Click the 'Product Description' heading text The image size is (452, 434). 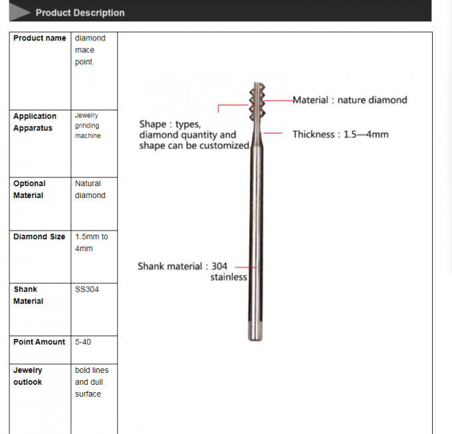(80, 13)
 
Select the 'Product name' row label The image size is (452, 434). (39, 39)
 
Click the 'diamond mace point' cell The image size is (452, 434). (90, 50)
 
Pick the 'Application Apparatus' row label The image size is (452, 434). (35, 122)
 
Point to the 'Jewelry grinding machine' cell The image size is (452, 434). (88, 126)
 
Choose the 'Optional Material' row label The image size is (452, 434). (29, 189)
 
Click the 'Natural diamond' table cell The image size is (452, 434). (90, 189)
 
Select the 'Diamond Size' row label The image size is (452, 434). (39, 237)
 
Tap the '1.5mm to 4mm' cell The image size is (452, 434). (91, 243)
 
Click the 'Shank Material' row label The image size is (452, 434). (28, 295)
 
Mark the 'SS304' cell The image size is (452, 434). (87, 290)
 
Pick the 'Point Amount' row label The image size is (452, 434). (39, 342)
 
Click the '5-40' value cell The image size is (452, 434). (83, 342)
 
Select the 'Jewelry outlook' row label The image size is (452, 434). (27, 376)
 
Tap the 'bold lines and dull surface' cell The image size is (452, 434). (92, 382)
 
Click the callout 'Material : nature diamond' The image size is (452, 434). (350, 100)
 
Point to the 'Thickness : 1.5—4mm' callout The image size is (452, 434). (340, 134)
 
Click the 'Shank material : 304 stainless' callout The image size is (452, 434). (192, 271)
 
